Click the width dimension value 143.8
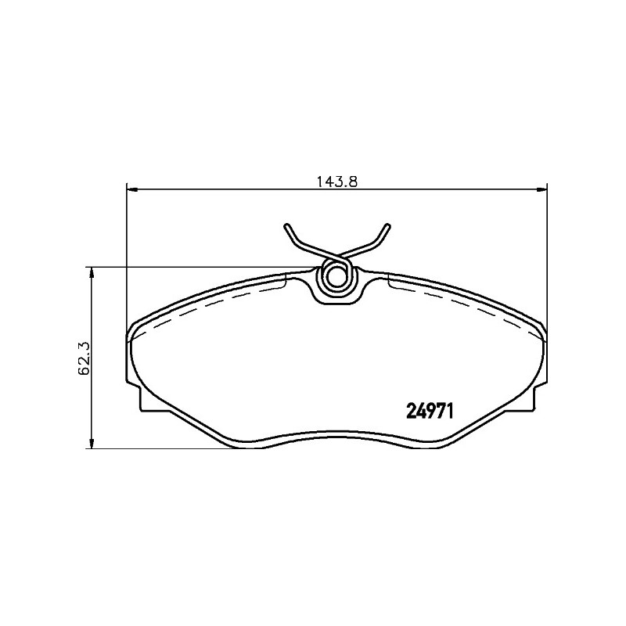337,182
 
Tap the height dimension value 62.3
84,358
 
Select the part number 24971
430,411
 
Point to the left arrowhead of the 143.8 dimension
131,189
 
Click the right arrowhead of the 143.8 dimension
541,189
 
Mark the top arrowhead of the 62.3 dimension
92,273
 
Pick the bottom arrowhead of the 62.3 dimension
92,443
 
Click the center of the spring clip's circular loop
335,276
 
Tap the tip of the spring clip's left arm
286,226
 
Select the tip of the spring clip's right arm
387,226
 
